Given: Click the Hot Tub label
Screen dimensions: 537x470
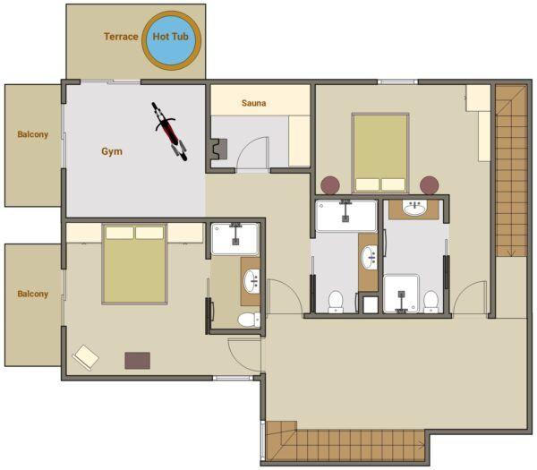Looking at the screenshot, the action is tap(171, 37).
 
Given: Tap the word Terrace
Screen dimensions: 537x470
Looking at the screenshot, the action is tap(121, 37).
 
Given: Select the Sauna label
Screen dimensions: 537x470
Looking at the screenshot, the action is tap(254, 103).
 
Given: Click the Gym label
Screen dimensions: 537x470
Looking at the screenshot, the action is tap(112, 151).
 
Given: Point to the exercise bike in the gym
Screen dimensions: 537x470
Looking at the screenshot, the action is tap(169, 132).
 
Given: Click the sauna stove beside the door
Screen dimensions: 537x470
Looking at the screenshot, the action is tap(219, 149).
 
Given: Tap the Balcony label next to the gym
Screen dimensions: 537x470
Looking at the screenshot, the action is tap(33, 134).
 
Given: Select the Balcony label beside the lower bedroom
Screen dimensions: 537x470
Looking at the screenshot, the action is tap(33, 294).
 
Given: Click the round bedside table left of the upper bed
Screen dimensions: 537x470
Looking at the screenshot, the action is tap(330, 185).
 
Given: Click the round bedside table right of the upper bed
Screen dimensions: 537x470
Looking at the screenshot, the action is tap(430, 185).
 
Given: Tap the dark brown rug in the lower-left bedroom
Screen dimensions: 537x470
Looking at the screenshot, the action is tap(137, 361).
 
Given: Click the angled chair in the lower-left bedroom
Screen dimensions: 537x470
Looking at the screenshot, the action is tap(86, 357).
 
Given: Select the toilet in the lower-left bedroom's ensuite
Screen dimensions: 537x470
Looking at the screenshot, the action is tap(249, 320).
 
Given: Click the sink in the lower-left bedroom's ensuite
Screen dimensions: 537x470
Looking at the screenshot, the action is tap(251, 281).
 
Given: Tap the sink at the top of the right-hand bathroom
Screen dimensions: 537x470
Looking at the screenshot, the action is tap(414, 208).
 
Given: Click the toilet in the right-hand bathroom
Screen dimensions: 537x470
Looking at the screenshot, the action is tap(430, 302).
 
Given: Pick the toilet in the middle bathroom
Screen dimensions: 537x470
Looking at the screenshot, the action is tap(336, 302).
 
